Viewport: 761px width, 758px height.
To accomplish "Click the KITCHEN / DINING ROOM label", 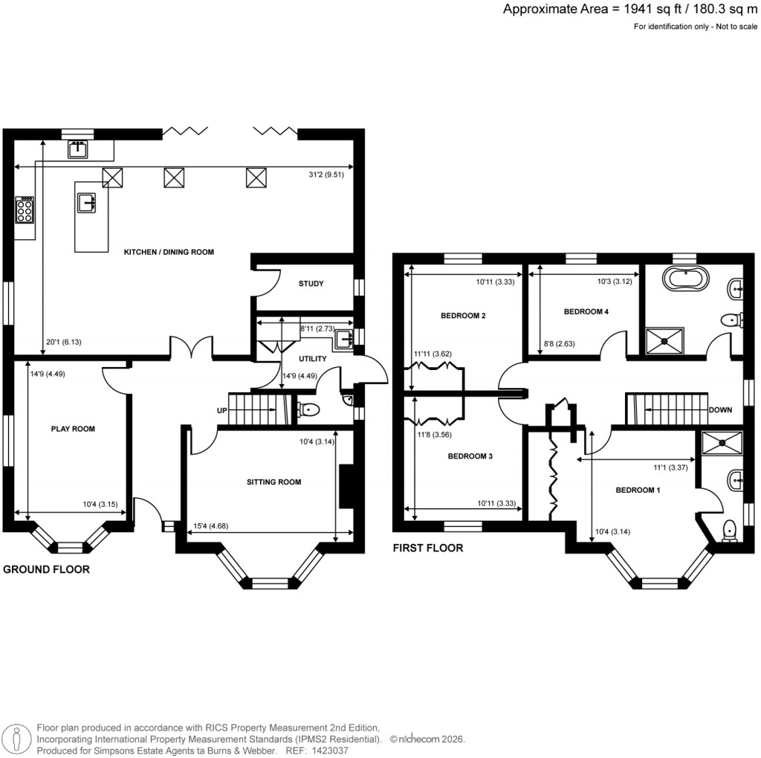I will [x=169, y=252].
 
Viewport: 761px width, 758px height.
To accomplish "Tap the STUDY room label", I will [x=311, y=283].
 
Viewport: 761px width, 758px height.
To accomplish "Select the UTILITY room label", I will [x=312, y=358].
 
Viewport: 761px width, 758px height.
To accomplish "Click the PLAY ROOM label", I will [x=73, y=429].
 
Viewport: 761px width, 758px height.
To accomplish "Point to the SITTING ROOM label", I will [x=273, y=482].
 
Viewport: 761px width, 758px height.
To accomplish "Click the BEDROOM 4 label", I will [x=586, y=311].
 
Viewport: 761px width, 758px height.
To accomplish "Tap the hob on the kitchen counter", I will [x=25, y=210].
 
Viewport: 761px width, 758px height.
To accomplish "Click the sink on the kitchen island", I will [x=88, y=201].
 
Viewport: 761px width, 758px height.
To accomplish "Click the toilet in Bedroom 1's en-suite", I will [x=731, y=529].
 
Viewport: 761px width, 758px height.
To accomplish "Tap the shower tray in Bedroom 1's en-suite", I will [x=721, y=444].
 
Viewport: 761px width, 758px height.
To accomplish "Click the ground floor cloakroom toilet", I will [x=307, y=409].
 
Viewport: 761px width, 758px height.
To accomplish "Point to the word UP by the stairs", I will [x=221, y=410].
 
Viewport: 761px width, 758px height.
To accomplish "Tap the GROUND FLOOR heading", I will [x=47, y=570].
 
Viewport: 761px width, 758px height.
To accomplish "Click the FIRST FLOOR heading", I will [x=428, y=548].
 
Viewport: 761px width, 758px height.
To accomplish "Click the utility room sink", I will [x=343, y=340].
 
